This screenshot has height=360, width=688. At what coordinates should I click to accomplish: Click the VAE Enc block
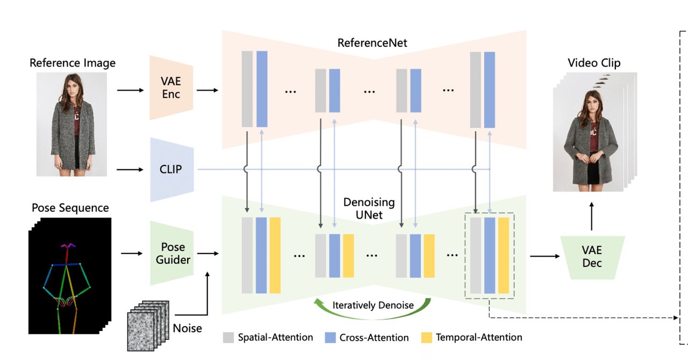(171, 88)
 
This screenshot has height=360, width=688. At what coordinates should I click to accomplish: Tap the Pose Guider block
(171, 254)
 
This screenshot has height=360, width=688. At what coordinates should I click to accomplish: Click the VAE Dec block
(592, 257)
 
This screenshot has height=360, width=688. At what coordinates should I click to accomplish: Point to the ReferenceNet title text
(372, 42)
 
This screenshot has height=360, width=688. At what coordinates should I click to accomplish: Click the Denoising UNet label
(369, 209)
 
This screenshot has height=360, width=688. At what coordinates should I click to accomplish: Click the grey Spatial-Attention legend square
(228, 337)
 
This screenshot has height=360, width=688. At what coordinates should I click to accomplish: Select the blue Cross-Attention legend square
(331, 337)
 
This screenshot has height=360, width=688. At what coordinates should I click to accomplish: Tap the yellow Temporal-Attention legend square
(427, 337)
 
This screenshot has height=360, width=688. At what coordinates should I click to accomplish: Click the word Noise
(188, 328)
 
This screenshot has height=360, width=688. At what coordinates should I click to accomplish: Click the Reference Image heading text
(73, 63)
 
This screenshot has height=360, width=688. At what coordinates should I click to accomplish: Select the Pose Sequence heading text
(70, 208)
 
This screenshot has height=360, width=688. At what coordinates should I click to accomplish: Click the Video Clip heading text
(594, 63)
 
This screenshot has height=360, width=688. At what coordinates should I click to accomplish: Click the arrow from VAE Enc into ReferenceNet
(207, 90)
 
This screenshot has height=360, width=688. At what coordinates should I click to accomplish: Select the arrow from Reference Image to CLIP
(130, 170)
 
